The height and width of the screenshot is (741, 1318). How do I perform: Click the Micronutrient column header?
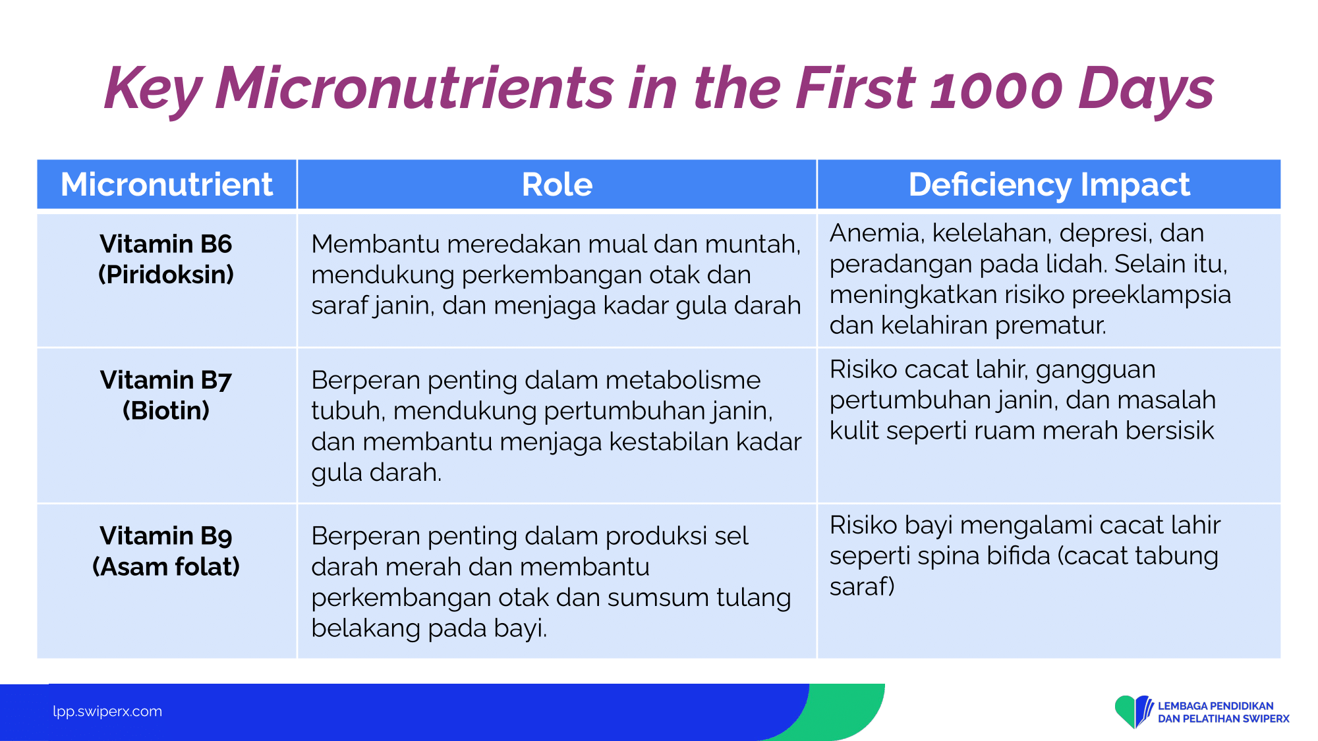tap(167, 184)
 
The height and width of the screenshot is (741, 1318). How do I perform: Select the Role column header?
tap(557, 184)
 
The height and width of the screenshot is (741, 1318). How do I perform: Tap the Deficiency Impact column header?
tap(1049, 184)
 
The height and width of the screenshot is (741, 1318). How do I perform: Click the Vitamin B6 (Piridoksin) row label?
tap(166, 259)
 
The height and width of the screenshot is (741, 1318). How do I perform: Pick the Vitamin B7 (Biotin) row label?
tap(166, 395)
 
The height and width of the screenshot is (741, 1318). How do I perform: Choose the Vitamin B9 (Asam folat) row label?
tap(166, 551)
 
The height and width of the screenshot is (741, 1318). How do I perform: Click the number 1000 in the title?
tap(996, 89)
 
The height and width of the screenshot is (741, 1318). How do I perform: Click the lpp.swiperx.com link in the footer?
tap(107, 711)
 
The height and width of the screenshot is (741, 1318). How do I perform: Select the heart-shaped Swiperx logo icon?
tap(1134, 711)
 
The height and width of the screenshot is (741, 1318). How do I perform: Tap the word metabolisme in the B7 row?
tap(683, 380)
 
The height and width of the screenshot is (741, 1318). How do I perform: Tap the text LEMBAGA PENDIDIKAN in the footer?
tap(1216, 706)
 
